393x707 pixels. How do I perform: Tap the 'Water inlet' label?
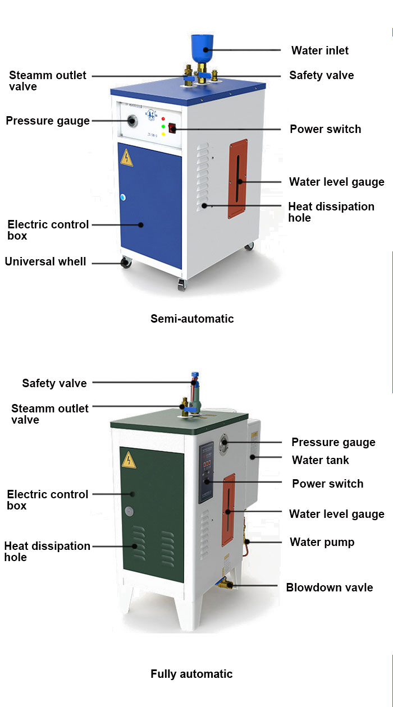tap(319, 50)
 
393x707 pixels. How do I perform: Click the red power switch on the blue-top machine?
tap(172, 130)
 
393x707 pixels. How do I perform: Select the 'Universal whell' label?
tap(45, 261)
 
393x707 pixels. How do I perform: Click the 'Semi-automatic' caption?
tap(192, 319)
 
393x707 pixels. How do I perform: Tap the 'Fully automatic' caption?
tap(191, 674)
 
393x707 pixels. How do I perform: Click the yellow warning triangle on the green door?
tap(130, 460)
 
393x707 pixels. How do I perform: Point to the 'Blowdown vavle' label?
tap(330, 587)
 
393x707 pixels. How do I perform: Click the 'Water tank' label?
tap(321, 460)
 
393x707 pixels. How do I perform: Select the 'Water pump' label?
tap(322, 542)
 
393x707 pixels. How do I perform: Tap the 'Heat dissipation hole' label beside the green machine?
tap(47, 552)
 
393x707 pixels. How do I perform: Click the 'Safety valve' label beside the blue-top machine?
tap(322, 75)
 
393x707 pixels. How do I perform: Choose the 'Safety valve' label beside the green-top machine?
tap(54, 383)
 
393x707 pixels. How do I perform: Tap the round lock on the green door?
tap(130, 511)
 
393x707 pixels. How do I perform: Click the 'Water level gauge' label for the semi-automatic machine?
tap(336, 182)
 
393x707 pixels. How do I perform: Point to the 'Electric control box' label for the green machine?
tap(48, 500)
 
